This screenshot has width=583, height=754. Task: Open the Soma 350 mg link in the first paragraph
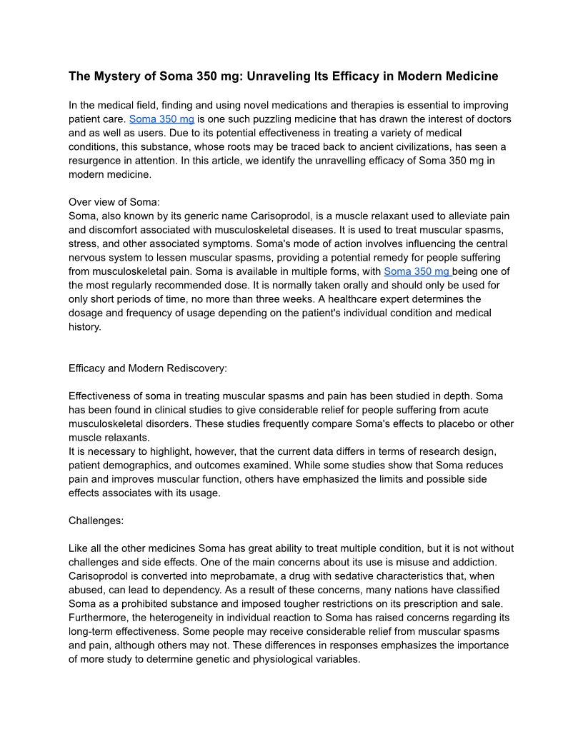click(x=161, y=119)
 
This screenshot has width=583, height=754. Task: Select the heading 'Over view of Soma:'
click(x=114, y=202)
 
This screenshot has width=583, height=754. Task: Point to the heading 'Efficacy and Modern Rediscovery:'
click(x=148, y=368)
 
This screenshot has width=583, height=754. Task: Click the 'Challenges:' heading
click(x=96, y=521)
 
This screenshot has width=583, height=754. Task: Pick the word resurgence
click(x=96, y=161)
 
